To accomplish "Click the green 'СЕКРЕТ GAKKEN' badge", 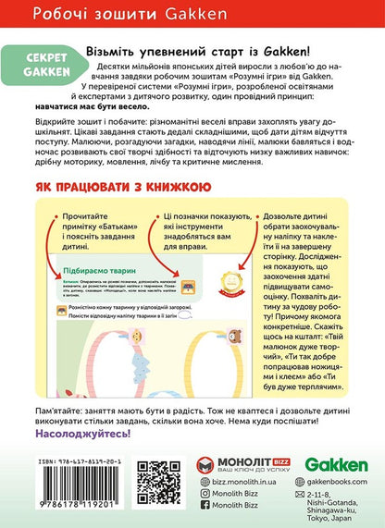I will pos(43,61).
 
